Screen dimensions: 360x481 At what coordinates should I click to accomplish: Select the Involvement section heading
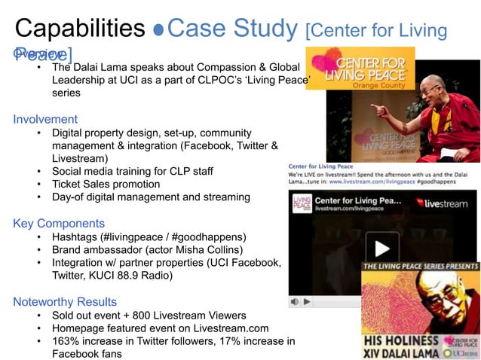pos(45,119)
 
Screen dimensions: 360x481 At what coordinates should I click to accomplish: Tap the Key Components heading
pos(59,224)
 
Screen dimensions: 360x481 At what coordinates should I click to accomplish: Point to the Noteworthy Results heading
pos(65,302)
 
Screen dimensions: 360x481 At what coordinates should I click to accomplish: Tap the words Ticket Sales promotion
pos(106,184)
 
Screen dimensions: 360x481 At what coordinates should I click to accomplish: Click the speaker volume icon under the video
pos(295,301)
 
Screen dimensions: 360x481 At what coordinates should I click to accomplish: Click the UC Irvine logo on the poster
pos(461,352)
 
